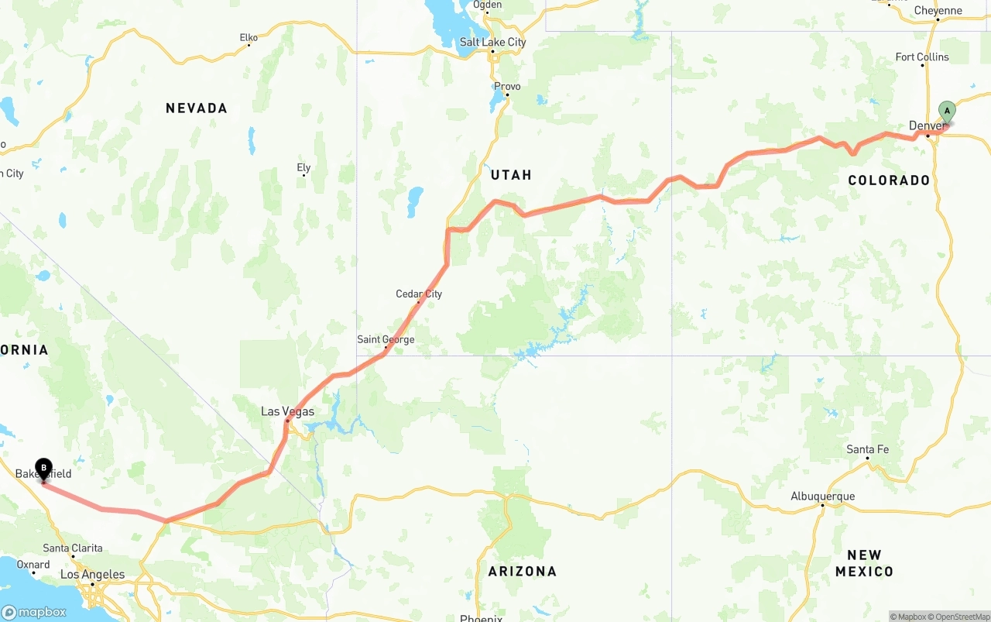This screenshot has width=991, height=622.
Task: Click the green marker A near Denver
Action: click(947, 112)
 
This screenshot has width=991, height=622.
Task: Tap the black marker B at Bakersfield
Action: click(44, 468)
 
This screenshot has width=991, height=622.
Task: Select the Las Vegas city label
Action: click(287, 411)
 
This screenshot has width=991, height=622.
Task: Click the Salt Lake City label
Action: click(492, 42)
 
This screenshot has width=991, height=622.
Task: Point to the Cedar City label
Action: click(419, 294)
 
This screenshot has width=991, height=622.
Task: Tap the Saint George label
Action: click(386, 339)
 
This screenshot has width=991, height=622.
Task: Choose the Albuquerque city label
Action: click(822, 497)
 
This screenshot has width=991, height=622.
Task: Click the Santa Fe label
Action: click(867, 449)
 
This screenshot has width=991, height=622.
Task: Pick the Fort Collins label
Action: click(921, 57)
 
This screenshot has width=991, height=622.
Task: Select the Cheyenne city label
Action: click(938, 10)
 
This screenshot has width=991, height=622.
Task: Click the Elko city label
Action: click(249, 37)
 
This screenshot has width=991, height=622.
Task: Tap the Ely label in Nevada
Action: click(303, 167)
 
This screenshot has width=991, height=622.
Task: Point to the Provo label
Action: click(507, 86)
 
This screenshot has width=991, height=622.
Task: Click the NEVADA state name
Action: click(197, 108)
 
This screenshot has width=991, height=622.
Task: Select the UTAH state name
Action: click(511, 175)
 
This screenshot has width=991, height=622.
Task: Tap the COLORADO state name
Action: click(889, 180)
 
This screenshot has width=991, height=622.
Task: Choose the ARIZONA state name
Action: click(522, 571)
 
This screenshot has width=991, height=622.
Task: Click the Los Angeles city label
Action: click(92, 574)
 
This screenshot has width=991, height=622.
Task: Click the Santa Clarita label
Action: click(73, 548)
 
